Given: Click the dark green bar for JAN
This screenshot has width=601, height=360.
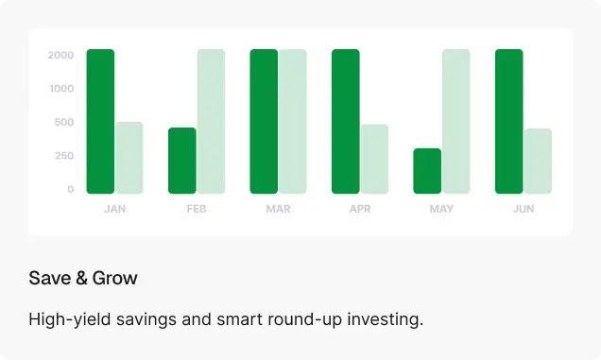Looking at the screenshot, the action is coord(100,121).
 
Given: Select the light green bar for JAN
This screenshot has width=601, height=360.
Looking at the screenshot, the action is coord(129,158).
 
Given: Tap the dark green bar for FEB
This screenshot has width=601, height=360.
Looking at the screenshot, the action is coord(182,161).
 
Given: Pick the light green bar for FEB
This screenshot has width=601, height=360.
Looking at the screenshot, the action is coord(211,121).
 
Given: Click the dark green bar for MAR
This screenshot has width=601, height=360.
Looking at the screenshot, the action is coord(264,121).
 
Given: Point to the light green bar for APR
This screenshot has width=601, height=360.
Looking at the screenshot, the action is coord(374,159).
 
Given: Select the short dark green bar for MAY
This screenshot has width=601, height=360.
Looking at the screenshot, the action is coord(427,171).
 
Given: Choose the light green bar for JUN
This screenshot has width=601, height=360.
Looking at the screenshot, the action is coord(538,161).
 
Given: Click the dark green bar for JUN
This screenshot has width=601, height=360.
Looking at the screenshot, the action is coord(509,121).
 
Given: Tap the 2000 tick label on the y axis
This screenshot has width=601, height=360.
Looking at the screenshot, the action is coord(60,55).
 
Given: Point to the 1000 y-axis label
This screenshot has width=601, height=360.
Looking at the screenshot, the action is coord(61,89).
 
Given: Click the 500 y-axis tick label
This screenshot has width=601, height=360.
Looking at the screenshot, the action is coord(64,122).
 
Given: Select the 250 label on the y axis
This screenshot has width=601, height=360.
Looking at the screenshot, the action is coord(64,156).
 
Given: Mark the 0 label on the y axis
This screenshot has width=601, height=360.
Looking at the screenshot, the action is coord(71,189).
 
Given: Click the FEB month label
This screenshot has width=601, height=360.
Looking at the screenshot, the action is coord(197,209).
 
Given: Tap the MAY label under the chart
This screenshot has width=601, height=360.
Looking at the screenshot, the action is coord(441,209).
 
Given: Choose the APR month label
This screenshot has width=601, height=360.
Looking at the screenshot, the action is coord(360,209).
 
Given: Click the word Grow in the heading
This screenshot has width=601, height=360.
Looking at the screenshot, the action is coord(114,278).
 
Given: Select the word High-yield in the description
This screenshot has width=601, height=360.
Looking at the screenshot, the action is coord(70,319).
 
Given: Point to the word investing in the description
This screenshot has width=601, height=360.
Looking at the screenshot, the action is coord(386,319).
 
